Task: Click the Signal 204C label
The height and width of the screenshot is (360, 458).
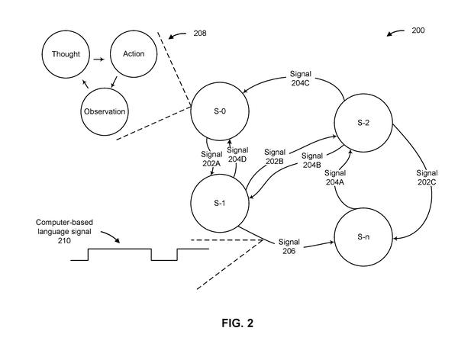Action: [x=300, y=79]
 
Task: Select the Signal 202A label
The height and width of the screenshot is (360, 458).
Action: [x=211, y=159]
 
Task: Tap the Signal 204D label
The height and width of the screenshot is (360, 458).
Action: [x=237, y=155]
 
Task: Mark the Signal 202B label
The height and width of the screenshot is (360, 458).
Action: [x=275, y=156]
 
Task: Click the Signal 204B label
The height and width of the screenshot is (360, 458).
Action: [x=312, y=160]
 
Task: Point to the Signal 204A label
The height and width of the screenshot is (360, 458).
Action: [x=335, y=178]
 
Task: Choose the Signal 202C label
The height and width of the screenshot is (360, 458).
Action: [x=427, y=178]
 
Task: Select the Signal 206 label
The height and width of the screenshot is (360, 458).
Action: [x=289, y=246]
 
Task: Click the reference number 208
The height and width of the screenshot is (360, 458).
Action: [x=200, y=34]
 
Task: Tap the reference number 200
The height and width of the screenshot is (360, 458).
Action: [x=418, y=31]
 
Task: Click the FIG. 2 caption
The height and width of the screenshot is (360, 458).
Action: [x=237, y=323]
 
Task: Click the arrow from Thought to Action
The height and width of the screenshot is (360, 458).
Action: [x=98, y=59]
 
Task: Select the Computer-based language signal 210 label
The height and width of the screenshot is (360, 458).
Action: [x=64, y=232]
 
